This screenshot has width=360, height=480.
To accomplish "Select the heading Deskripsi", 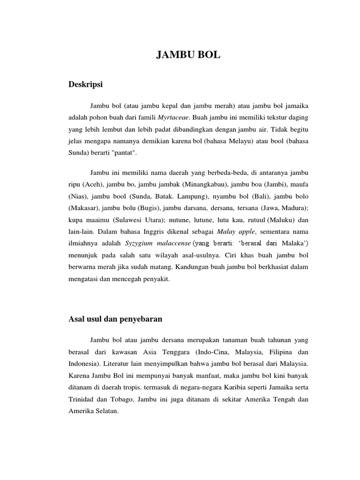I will click(x=85, y=84).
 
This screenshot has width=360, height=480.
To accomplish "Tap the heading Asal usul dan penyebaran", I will click(x=115, y=319).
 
